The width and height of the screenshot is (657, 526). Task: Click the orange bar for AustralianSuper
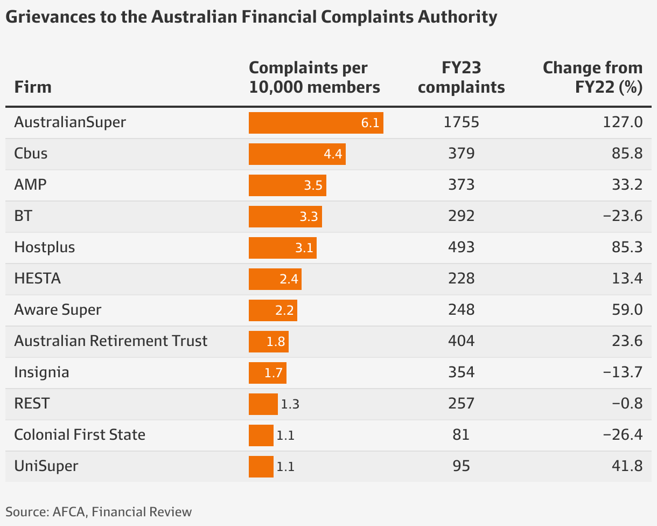[316, 122]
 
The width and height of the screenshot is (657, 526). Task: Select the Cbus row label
[31, 154]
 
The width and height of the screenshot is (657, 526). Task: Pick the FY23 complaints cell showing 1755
[461, 122]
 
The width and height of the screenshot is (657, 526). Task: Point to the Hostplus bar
[282, 248]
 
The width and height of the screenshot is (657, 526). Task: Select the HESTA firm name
[37, 279]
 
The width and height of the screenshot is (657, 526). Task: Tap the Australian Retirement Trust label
[110, 341]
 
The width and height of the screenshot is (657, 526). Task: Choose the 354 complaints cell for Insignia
[461, 372]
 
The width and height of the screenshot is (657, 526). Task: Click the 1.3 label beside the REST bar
[290, 404]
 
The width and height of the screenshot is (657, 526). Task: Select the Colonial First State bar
[261, 435]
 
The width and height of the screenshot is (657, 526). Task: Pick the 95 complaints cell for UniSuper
[461, 466]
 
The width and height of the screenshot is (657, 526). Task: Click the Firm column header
[33, 87]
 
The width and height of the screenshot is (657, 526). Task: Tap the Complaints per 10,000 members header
[314, 78]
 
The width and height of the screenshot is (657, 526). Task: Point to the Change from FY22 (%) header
[592, 78]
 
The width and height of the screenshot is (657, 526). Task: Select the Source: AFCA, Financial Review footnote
[99, 511]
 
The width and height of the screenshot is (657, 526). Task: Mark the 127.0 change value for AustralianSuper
[625, 122]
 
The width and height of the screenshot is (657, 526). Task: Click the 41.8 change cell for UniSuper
[628, 466]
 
